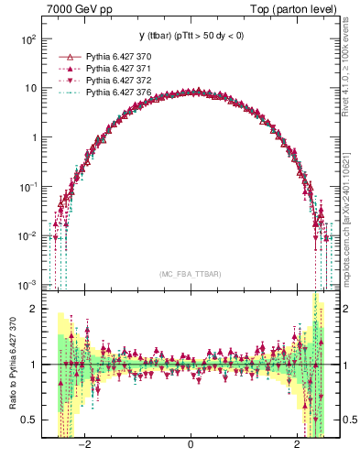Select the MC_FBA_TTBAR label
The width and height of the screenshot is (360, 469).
190,275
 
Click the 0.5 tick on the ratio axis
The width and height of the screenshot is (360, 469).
30,420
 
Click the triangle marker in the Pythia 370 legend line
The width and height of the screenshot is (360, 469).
62,57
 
